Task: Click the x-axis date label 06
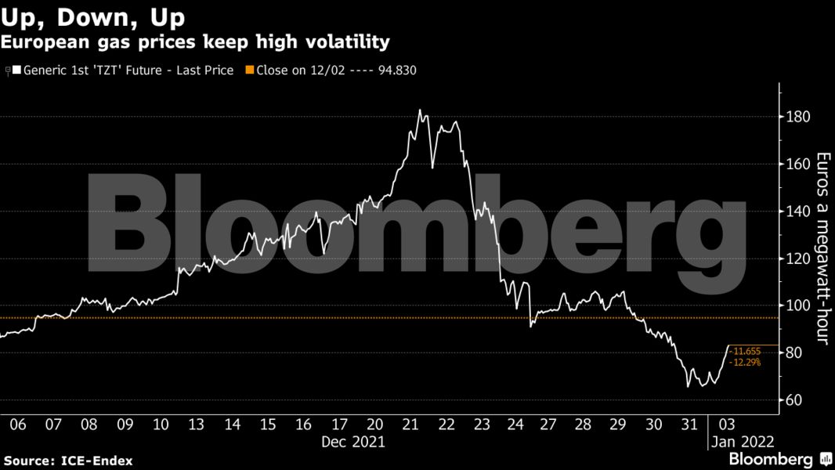pyautogui.click(x=17, y=424)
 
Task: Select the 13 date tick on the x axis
pyautogui.click(x=196, y=424)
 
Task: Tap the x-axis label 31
pyautogui.click(x=689, y=424)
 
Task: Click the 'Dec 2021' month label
pyautogui.click(x=353, y=441)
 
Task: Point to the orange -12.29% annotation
pyautogui.click(x=745, y=363)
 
